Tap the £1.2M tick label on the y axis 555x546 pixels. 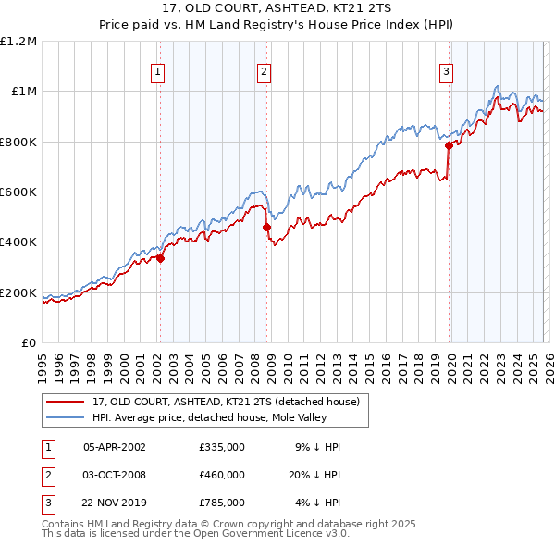point(18,41)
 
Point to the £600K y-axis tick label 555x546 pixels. point(18,192)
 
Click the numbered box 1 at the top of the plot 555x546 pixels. point(158,71)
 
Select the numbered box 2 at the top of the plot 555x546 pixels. point(264,71)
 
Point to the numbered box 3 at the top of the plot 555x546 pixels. point(446,71)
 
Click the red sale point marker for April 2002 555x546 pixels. point(160,259)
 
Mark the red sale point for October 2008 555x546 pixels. point(266,227)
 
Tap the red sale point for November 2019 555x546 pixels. point(449,145)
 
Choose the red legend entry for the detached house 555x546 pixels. point(231,402)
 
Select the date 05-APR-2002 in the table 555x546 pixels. point(115,447)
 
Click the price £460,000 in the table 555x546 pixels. point(222,475)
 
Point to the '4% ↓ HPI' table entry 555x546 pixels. point(318,503)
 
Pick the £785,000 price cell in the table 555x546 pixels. point(222,503)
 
